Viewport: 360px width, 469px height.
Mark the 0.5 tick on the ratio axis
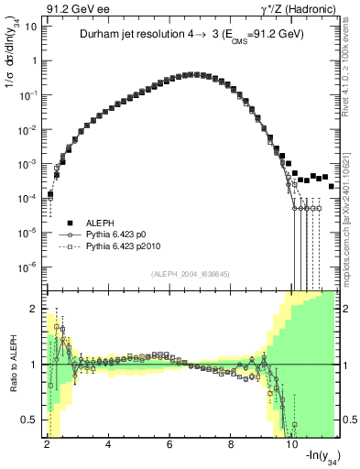pyautogui.click(x=29, y=420)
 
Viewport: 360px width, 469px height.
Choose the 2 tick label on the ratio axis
pyautogui.click(x=33, y=308)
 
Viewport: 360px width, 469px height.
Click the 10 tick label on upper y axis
pyautogui.click(x=28, y=27)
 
